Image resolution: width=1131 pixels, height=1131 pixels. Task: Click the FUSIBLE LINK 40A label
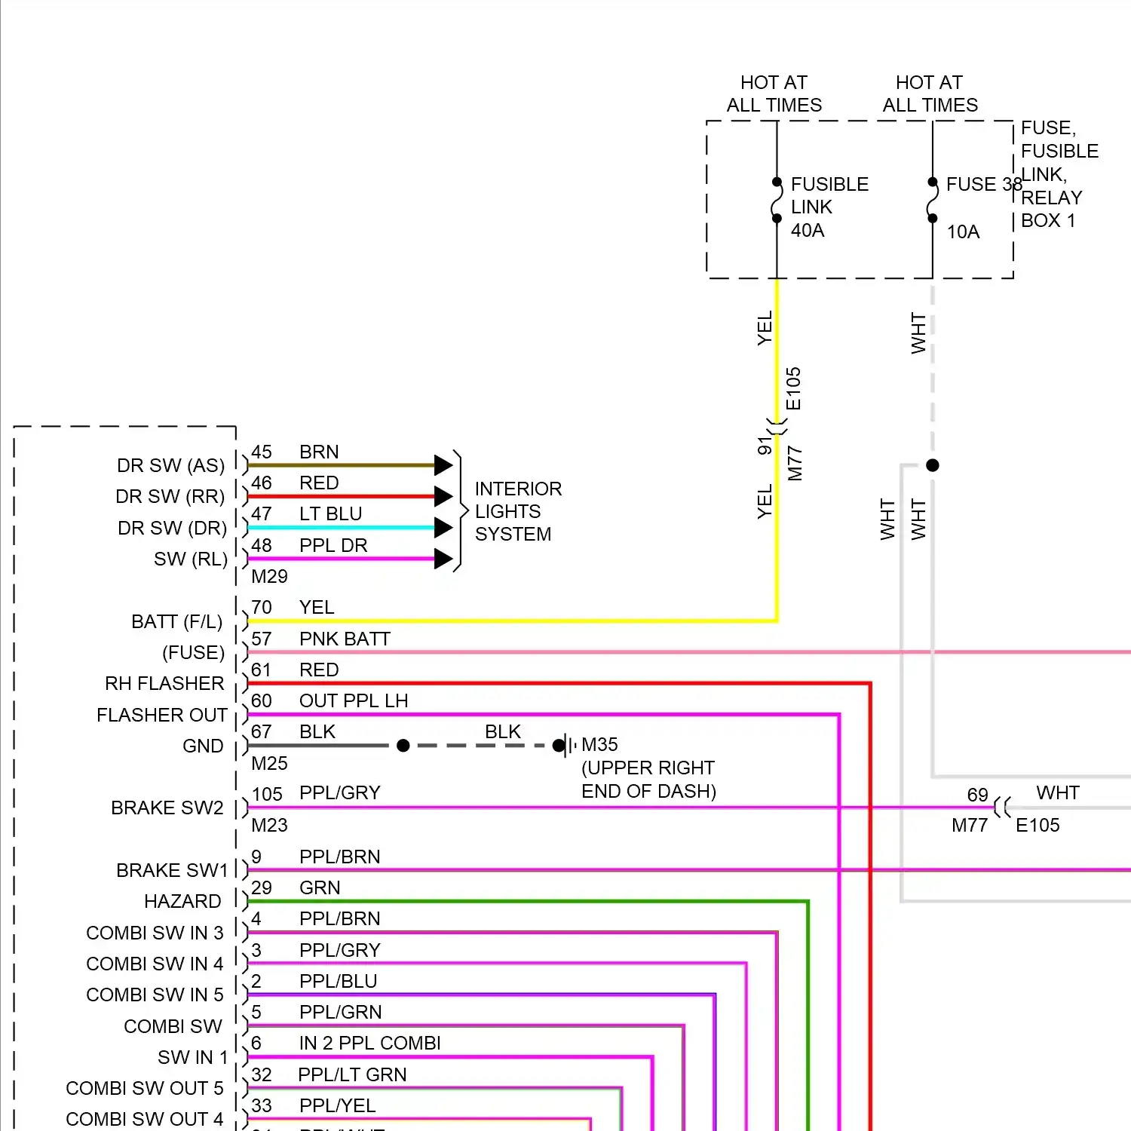click(829, 207)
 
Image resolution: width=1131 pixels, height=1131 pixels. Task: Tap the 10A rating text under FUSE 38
click(963, 232)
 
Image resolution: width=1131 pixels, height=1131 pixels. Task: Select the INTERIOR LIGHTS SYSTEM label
click(517, 511)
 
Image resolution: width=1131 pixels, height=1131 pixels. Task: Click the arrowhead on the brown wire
click(443, 465)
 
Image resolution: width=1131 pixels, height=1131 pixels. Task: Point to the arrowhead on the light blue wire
click(443, 528)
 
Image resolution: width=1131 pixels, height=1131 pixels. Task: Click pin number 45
click(262, 452)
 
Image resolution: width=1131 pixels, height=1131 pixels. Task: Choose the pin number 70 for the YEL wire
click(262, 607)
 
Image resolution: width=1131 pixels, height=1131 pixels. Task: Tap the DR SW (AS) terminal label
click(170, 465)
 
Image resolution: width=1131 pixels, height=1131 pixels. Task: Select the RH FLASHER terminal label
click(164, 683)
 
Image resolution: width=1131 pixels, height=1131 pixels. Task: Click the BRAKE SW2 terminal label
click(167, 808)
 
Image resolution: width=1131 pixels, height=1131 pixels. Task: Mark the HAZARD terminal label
click(182, 901)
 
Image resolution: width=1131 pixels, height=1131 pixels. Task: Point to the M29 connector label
click(269, 576)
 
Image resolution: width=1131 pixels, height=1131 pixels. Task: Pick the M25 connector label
click(269, 763)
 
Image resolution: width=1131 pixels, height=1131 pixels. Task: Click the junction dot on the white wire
click(933, 465)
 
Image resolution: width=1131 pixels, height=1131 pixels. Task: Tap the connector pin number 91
click(765, 446)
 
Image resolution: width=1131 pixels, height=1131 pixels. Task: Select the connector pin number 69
click(977, 795)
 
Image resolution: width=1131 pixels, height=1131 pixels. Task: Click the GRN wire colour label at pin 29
click(320, 887)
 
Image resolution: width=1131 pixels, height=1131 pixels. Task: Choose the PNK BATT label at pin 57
click(345, 639)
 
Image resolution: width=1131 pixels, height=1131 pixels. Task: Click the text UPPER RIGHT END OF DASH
click(648, 780)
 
